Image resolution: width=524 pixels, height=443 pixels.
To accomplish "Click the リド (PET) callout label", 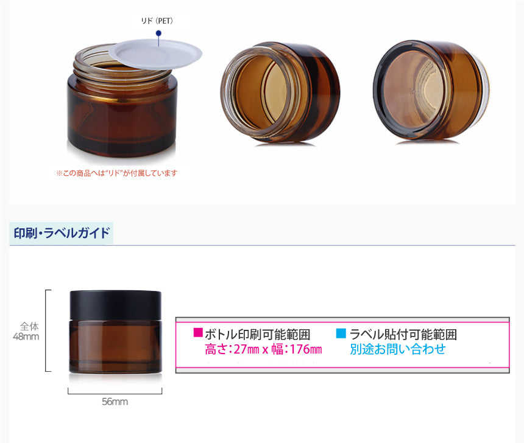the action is (x=157, y=21).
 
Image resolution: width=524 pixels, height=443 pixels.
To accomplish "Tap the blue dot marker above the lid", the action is (x=159, y=33).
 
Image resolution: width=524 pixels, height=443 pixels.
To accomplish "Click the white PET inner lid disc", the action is (x=156, y=54).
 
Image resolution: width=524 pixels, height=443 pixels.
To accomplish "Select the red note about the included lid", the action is (x=117, y=173).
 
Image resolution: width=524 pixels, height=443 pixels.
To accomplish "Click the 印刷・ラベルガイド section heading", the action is (x=62, y=232).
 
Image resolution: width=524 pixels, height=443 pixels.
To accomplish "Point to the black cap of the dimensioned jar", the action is (x=115, y=305).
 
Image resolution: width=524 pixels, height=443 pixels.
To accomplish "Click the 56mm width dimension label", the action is (x=115, y=401).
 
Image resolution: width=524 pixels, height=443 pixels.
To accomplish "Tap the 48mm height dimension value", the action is (x=26, y=337).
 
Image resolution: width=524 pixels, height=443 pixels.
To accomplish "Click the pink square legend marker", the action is (x=198, y=332).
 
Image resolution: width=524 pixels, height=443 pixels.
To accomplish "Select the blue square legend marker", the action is (x=341, y=333).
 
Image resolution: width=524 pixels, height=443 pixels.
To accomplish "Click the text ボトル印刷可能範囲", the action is (x=258, y=334).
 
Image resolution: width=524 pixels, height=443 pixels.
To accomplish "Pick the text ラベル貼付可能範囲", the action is (x=403, y=334).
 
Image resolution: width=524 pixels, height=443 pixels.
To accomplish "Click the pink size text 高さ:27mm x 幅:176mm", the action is (x=263, y=349).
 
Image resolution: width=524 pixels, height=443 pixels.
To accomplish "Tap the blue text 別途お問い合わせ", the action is (x=398, y=349).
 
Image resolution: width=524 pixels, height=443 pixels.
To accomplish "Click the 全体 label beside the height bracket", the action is (x=29, y=326).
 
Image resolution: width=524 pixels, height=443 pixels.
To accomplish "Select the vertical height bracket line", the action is (x=46, y=330).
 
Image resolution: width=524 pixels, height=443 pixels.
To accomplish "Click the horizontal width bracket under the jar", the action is (x=115, y=394).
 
